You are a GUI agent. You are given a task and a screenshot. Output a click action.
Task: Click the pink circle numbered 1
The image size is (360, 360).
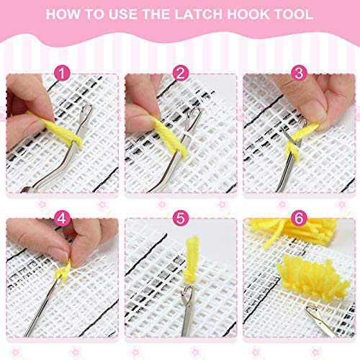tap(62, 73)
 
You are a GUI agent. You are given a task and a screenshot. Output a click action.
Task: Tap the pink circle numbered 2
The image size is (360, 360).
tap(181, 73)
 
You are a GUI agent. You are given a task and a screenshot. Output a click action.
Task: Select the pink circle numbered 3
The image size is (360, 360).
tap(299, 73)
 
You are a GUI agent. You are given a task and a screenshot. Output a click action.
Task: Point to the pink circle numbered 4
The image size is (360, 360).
tap(62, 219)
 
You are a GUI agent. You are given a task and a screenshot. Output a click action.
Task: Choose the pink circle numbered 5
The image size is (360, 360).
tap(181, 219)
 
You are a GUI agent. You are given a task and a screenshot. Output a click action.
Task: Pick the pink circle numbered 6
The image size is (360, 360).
tap(299, 219)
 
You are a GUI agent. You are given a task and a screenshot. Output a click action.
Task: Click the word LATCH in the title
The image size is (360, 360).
tap(198, 14)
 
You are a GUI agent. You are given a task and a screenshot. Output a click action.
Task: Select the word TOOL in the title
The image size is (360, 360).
tap(294, 14)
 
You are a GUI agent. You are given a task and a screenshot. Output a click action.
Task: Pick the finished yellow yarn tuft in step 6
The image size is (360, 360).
tap(313, 276)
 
